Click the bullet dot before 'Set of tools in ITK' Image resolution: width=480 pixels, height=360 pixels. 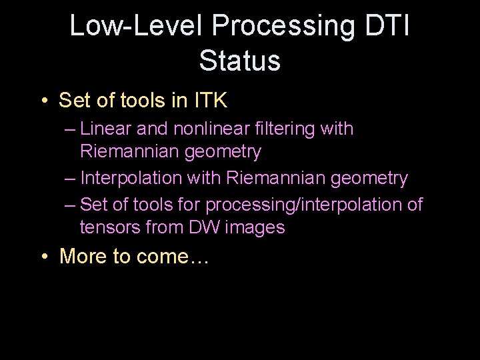tap(43, 101)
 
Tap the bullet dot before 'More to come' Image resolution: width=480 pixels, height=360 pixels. tap(43, 256)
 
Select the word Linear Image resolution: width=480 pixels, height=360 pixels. tap(109, 129)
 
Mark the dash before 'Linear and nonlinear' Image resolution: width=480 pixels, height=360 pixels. tap(70, 129)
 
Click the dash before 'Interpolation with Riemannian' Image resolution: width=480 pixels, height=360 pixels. tap(70, 179)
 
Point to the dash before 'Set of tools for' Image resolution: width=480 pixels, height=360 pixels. tap(70, 205)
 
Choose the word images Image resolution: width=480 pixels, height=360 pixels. tap(256, 228)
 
